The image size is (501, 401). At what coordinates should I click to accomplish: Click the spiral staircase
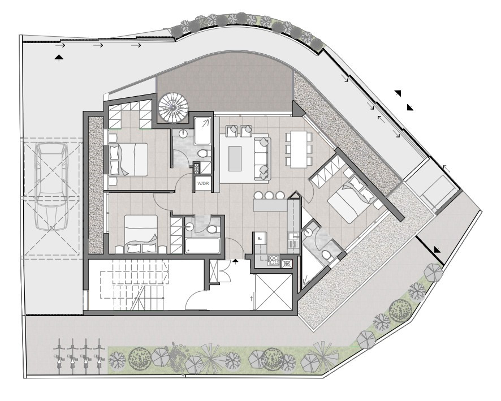pos(172,107)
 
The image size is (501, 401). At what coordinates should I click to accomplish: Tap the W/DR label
pos(203,184)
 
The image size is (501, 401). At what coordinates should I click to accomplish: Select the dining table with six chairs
pos(299,149)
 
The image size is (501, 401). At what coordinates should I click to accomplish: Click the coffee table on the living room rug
pos(235,158)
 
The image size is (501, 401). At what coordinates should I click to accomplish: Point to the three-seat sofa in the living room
pos(262,158)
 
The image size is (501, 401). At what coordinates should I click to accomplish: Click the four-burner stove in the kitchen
pos(274,260)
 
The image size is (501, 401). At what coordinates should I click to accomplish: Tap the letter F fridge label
pos(260,238)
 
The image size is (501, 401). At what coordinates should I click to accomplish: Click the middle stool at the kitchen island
pos(269,195)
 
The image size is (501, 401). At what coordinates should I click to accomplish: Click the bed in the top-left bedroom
pos(128,159)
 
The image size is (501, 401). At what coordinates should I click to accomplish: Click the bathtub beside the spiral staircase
pos(202,131)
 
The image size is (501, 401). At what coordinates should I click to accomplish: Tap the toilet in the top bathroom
pos(203,154)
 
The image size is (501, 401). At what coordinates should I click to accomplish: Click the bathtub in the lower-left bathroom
pos(202,245)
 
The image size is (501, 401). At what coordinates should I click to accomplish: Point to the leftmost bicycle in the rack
pos(59,356)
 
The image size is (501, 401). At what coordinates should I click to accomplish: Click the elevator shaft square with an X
pos(274,291)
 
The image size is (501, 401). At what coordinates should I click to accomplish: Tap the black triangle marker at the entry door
pos(235,262)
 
